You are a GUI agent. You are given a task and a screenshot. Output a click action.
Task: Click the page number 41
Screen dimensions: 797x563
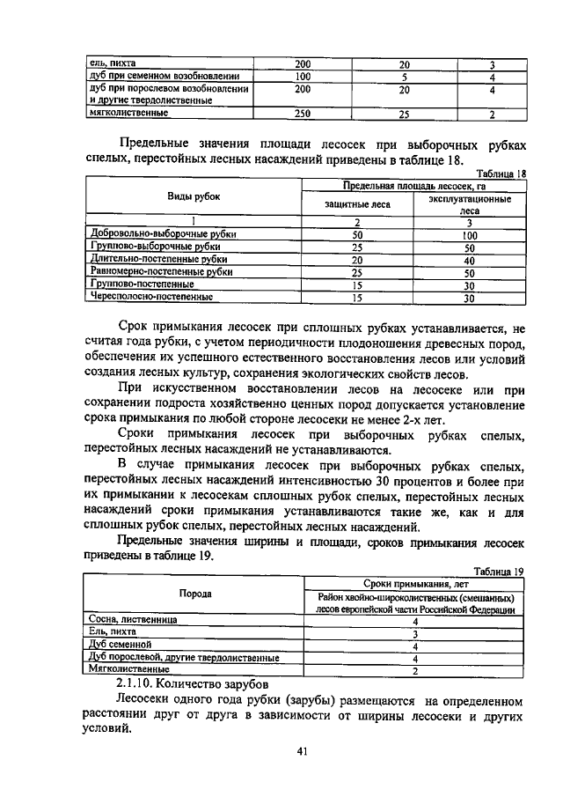point(302,751)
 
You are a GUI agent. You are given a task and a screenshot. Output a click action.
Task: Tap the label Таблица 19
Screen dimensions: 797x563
point(498,571)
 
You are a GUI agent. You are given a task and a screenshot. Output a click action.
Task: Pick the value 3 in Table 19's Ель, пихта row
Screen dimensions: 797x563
point(413,632)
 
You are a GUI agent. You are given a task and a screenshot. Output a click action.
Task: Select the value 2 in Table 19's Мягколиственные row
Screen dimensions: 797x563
point(413,670)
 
